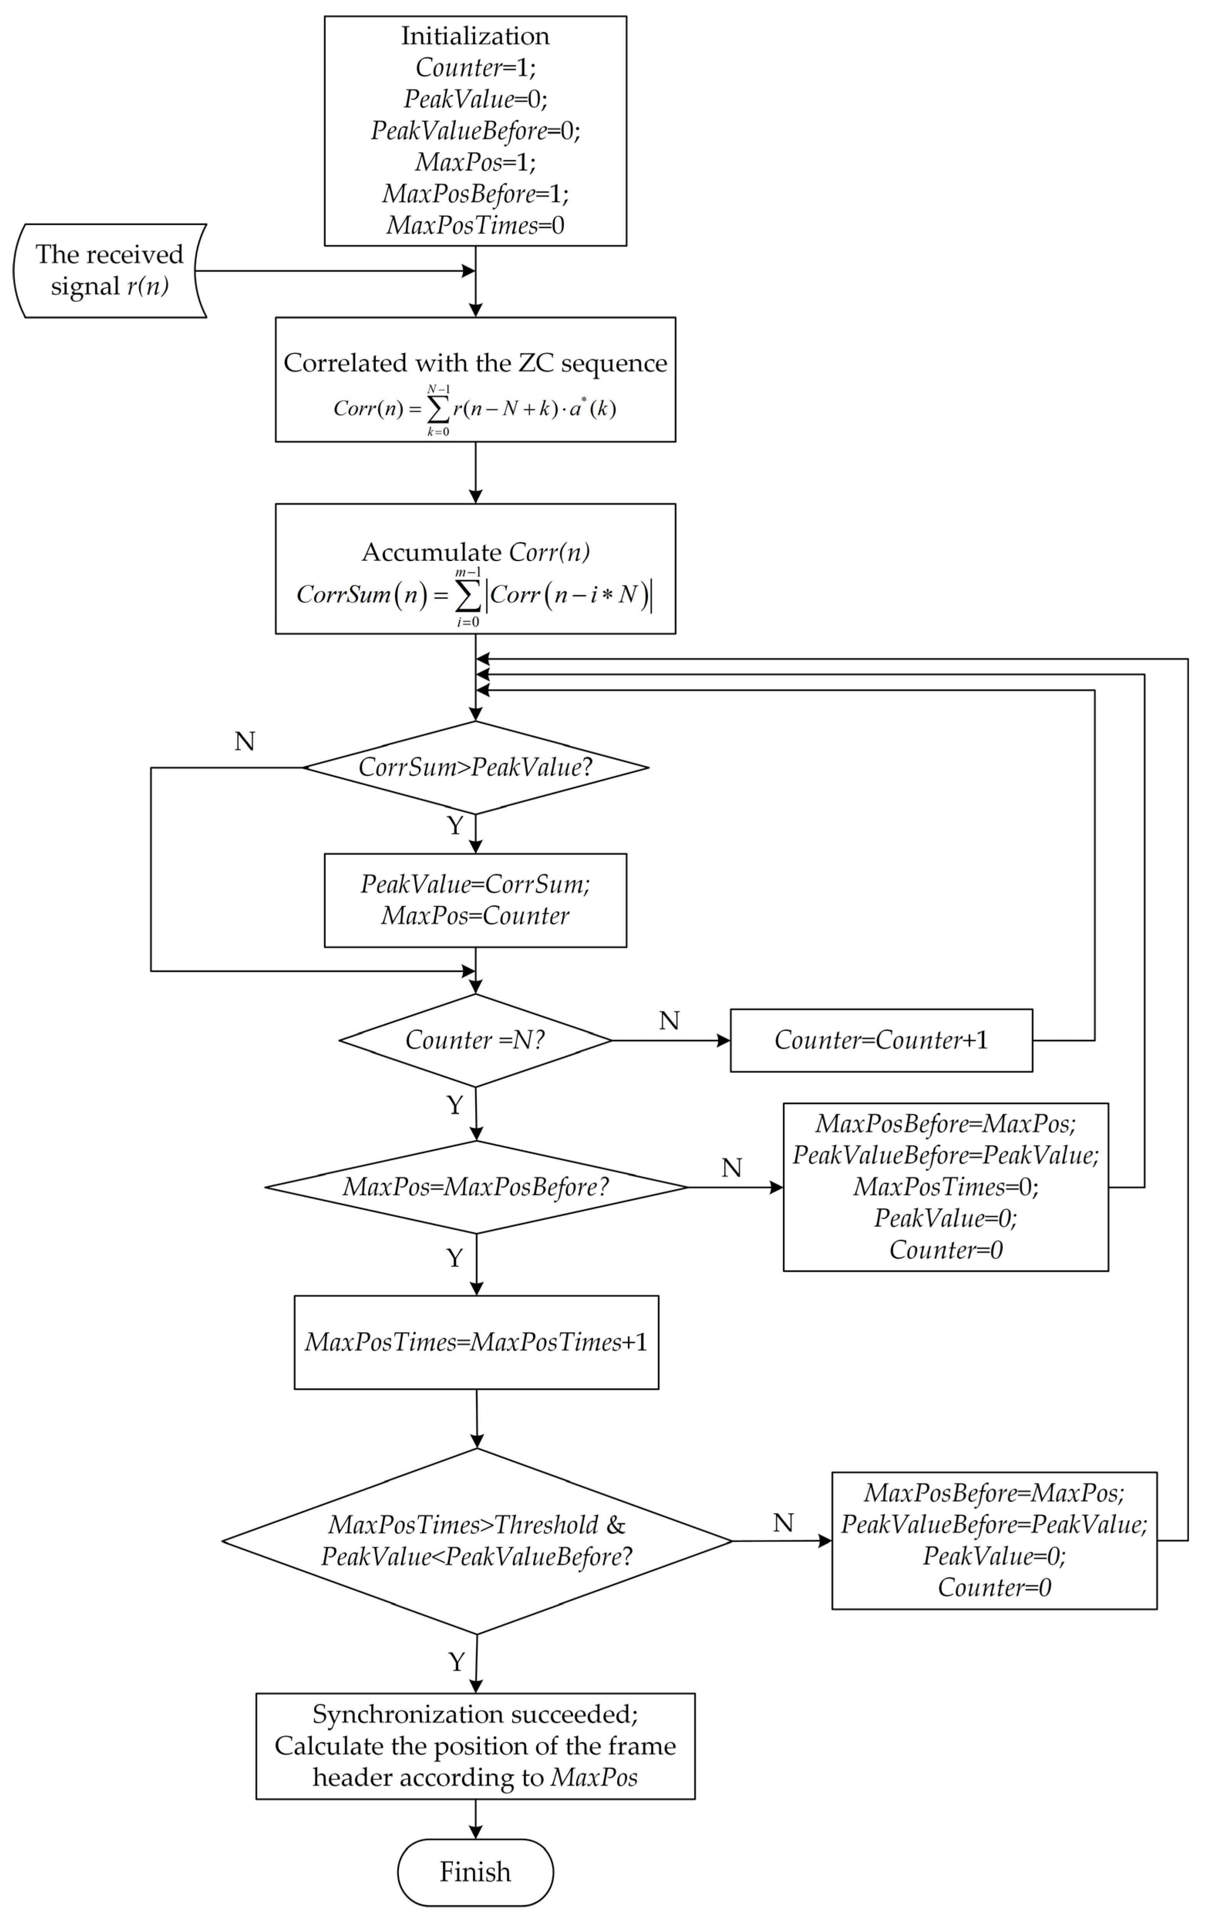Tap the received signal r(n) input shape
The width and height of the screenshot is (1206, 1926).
click(109, 270)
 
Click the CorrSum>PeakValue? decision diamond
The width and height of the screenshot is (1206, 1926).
click(475, 767)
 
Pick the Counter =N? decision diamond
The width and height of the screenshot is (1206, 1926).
click(475, 1040)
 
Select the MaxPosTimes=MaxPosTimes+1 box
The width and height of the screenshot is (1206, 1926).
click(476, 1342)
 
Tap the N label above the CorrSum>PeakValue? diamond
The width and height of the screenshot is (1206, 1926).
click(245, 742)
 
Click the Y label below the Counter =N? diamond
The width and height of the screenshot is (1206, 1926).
click(455, 1105)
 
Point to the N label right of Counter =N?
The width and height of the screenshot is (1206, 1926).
click(669, 1021)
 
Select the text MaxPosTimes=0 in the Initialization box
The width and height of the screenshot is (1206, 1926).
click(475, 226)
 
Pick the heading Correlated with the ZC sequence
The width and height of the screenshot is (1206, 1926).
click(475, 363)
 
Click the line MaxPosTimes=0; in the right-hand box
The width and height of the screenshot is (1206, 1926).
click(946, 1187)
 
